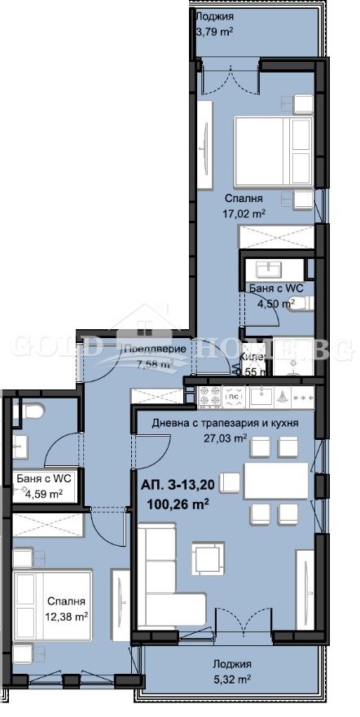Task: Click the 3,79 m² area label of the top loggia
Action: [x=216, y=33]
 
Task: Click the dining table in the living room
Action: [x=276, y=480]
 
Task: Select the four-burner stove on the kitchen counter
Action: [x=211, y=397]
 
